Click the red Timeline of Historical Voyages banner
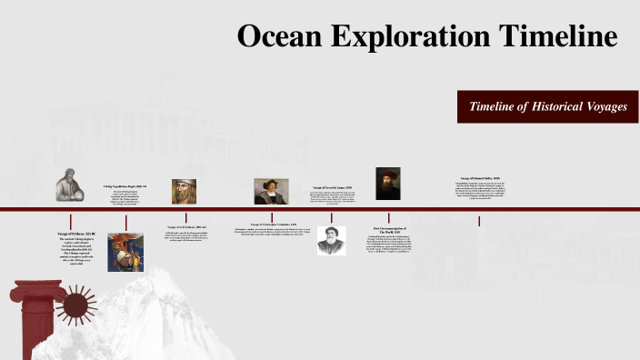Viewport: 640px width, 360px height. click(x=547, y=107)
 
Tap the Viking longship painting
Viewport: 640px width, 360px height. click(x=125, y=252)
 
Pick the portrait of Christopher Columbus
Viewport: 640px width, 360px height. click(x=271, y=191)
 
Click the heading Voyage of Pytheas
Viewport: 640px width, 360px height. click(x=70, y=234)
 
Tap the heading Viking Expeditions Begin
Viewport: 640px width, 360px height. click(x=125, y=185)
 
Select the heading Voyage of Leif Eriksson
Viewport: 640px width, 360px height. click(x=186, y=226)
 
